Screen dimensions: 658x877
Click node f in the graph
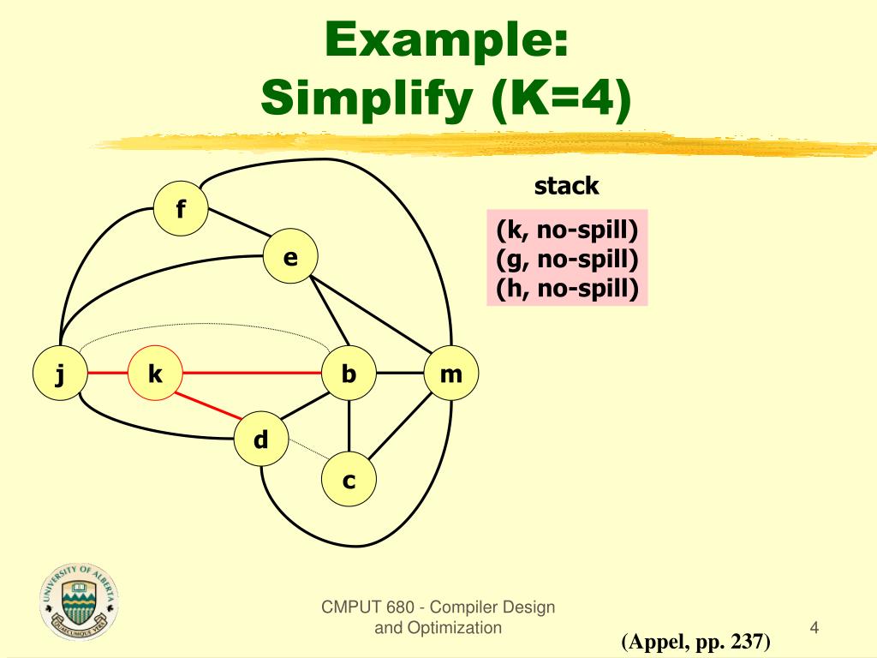click(x=181, y=208)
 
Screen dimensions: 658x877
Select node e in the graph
click(x=290, y=256)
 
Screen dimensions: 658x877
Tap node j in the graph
click(x=59, y=374)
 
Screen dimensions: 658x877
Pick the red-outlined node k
click(x=155, y=374)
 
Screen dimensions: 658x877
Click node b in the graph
click(x=349, y=374)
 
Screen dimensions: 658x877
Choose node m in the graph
click(x=450, y=374)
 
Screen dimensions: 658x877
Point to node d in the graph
click(x=261, y=440)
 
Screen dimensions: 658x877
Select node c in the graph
click(x=349, y=481)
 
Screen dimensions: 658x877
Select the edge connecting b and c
click(x=349, y=428)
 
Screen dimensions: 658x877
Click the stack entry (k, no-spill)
click(x=567, y=229)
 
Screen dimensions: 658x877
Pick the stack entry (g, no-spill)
click(x=567, y=259)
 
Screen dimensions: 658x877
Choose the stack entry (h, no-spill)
click(x=567, y=289)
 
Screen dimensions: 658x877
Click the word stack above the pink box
click(x=566, y=185)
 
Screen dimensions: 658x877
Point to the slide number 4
click(x=814, y=628)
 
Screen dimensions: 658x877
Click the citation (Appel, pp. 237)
click(x=696, y=641)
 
